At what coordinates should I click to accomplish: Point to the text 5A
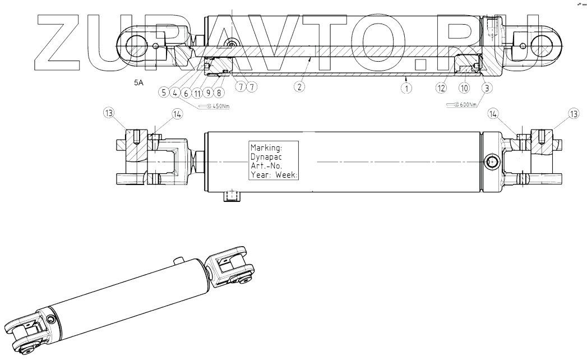point(138,82)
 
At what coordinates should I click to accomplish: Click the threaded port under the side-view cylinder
point(231,196)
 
